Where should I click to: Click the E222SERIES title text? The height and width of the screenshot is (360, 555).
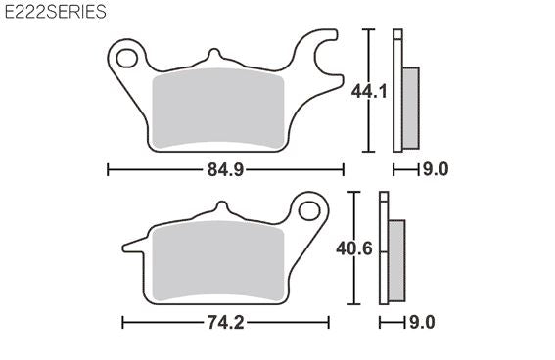click(55, 12)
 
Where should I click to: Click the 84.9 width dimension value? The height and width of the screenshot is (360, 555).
click(225, 170)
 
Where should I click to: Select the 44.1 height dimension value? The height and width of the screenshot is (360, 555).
click(369, 92)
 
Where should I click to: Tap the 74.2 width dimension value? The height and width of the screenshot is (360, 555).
click(225, 323)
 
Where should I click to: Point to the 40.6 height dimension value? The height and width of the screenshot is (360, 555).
click(354, 248)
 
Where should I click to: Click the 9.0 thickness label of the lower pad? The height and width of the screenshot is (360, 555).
click(422, 322)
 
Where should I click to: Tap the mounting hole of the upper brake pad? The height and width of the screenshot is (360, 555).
click(127, 59)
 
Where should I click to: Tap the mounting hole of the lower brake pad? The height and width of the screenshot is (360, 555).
click(309, 211)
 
